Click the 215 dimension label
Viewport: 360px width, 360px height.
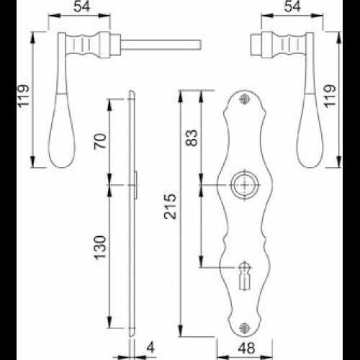pos(170,207)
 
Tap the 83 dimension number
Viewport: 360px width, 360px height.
pos(192,138)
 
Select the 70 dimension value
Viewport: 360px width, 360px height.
pos(100,141)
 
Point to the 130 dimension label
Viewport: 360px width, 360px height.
pos(100,248)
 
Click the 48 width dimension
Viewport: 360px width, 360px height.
pos(246,348)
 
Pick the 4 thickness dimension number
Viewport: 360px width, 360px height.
pos(150,347)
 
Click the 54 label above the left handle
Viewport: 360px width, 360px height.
pos(82,6)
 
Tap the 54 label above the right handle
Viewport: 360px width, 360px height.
pos(292,6)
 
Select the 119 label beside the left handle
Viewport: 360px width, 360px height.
pos(24,96)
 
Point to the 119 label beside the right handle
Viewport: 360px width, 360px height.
pos(329,96)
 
